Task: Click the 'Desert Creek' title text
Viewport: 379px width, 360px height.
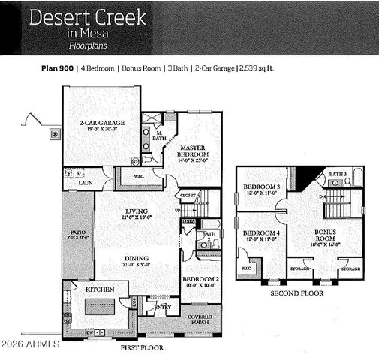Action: coord(89,18)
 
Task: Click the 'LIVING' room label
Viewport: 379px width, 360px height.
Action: coord(136,211)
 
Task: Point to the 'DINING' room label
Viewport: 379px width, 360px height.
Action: coord(137,259)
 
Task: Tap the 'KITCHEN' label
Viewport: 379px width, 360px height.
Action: coord(99,289)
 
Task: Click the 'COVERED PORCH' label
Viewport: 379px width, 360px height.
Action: coord(200,319)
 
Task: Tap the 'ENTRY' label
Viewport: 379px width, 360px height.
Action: coord(162,306)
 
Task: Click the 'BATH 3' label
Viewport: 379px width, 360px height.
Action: coord(339,174)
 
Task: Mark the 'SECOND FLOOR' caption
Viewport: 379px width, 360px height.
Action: coord(297,294)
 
